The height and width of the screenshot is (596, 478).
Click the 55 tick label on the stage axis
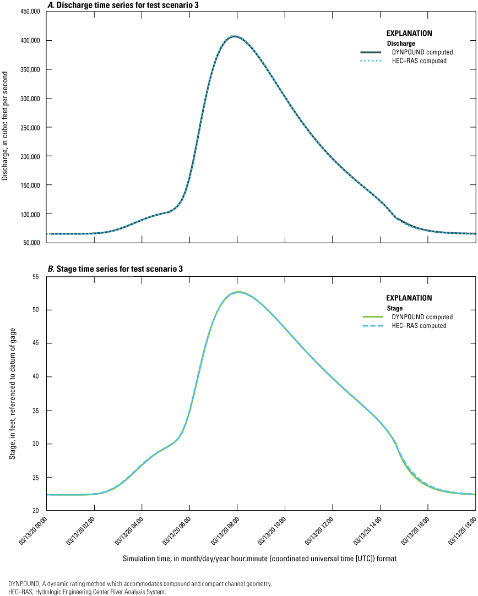[37, 277]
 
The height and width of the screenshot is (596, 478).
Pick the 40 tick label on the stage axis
[37, 377]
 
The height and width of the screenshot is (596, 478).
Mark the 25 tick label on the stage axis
[37, 477]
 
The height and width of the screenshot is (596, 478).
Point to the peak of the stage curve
[237, 292]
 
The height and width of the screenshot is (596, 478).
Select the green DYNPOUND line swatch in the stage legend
[372, 317]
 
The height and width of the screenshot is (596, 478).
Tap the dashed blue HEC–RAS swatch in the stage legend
[372, 326]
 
